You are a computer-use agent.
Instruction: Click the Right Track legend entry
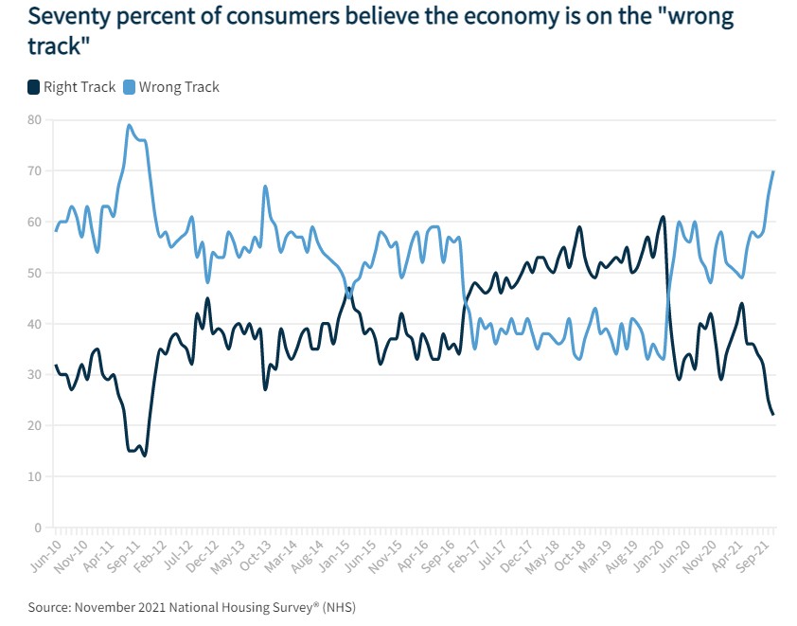[72, 87]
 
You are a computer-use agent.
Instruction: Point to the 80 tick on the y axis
[34, 120]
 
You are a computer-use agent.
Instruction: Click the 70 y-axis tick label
[34, 171]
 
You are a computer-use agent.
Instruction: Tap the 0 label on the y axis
[38, 528]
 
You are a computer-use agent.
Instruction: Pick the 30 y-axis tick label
[34, 375]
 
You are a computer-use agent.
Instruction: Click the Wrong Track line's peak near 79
[129, 125]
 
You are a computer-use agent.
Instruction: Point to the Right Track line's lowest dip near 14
[145, 456]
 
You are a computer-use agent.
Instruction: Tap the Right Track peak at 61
[663, 217]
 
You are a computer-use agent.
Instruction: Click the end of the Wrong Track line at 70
[773, 171]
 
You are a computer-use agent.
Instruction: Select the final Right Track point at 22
[773, 415]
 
